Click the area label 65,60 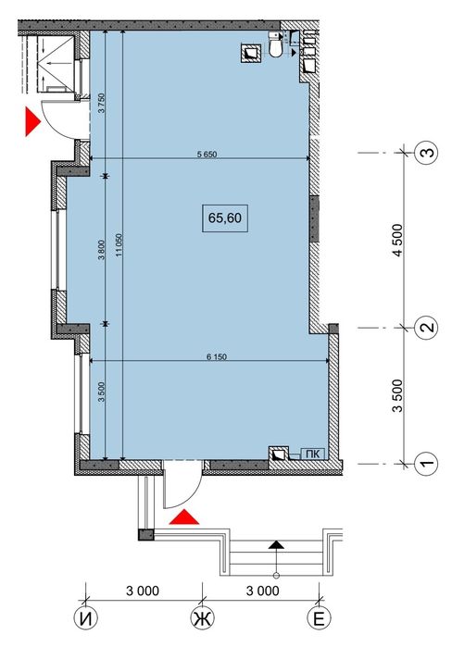pyautogui.click(x=226, y=218)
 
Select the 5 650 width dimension pyautogui.click(x=206, y=155)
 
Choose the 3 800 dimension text pyautogui.click(x=101, y=250)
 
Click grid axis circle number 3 pyautogui.click(x=427, y=154)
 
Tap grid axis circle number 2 pyautogui.click(x=427, y=327)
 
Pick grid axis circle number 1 pyautogui.click(x=427, y=460)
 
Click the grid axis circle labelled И pyautogui.click(x=85, y=617)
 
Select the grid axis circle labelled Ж pyautogui.click(x=201, y=617)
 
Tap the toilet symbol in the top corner pyautogui.click(x=276, y=45)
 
